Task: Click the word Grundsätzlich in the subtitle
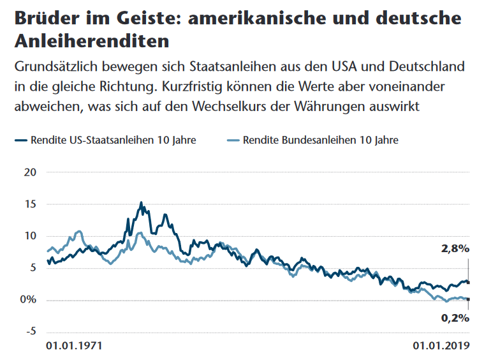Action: coord(55,66)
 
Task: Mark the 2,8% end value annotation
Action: coord(455,248)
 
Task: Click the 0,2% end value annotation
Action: coord(455,317)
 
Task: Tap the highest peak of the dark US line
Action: coord(141,203)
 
